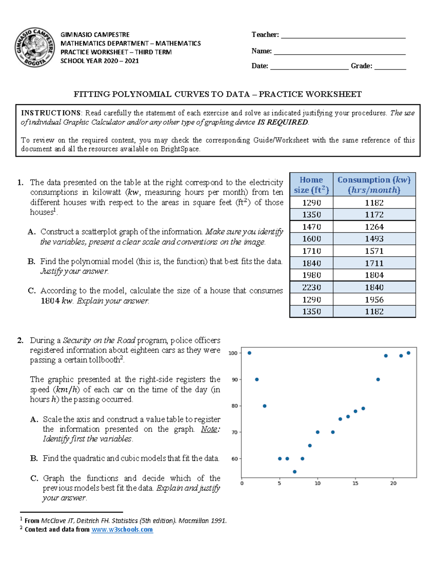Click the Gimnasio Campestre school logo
coord(35,48)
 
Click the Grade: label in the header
coord(361,66)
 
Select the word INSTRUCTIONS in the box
coord(51,113)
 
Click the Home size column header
coord(311,185)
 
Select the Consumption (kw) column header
coord(374,185)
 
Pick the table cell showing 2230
coord(311,287)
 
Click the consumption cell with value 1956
coord(374,300)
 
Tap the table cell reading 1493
coord(374,239)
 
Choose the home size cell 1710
coord(311,251)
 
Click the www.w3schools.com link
coord(122,529)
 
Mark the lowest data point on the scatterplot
coord(295,472)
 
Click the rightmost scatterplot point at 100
coord(408,353)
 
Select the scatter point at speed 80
coord(265,406)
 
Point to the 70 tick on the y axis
coord(235,433)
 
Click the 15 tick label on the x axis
coord(355,483)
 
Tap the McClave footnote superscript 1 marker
coord(21,519)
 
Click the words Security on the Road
coord(99,341)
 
